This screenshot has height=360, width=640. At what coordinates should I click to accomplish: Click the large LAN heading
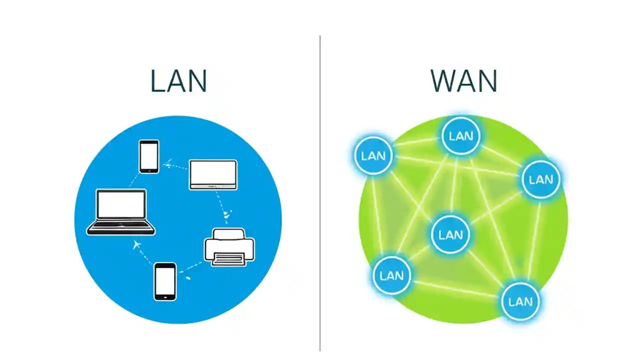coord(178,81)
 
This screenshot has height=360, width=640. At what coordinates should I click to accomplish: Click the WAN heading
coord(463,81)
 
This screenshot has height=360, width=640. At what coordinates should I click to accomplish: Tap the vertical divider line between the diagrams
coord(320,200)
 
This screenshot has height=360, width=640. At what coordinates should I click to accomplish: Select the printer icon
coord(229,246)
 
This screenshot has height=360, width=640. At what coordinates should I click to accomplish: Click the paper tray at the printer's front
coord(229,258)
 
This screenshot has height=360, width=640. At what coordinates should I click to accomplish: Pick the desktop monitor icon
coord(213,174)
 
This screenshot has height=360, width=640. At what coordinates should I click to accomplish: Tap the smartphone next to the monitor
coord(149,156)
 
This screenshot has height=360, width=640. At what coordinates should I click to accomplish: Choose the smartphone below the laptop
coord(165,281)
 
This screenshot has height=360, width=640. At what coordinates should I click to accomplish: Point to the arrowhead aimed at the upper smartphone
coord(167,163)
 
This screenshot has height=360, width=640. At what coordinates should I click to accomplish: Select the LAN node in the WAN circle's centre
coord(450,234)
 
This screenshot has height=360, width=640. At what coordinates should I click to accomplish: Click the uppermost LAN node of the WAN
coord(461,136)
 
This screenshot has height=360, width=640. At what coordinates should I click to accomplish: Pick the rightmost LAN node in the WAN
coord(541,179)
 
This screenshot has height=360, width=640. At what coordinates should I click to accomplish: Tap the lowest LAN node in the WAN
coord(520,301)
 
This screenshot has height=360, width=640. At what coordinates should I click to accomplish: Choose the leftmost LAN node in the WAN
coord(373,155)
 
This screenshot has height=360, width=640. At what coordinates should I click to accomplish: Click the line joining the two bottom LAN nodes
coord(455,288)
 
